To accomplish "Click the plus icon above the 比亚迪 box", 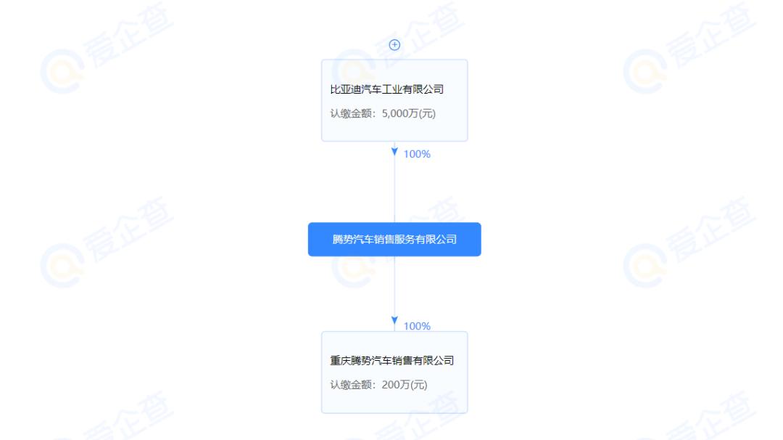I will tap(394, 44).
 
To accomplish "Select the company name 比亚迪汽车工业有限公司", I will tap(386, 90).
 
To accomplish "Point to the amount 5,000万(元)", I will tap(408, 113).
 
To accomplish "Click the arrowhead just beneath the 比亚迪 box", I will tap(394, 152).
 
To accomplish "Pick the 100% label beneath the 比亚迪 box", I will tap(417, 154).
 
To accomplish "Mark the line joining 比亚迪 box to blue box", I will tap(394, 189).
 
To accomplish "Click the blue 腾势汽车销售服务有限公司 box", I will tap(394, 239).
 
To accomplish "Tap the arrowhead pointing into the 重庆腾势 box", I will tap(394, 321).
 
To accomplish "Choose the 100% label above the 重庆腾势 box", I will tap(417, 326).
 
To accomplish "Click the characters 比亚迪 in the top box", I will tap(344, 90).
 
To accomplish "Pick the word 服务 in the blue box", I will tap(418, 239).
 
